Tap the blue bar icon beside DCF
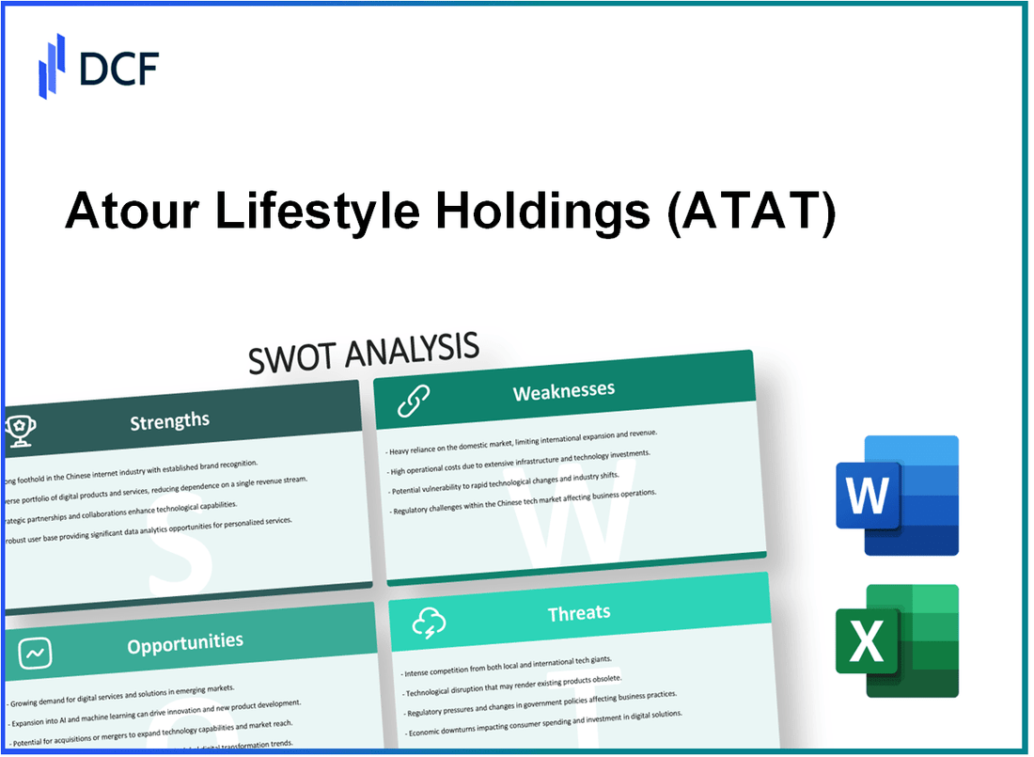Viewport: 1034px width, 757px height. (53, 66)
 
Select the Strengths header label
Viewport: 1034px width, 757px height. (169, 420)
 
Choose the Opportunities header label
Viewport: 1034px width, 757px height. (186, 642)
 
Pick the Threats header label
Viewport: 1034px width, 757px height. (579, 613)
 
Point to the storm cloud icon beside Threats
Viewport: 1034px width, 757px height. (429, 623)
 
